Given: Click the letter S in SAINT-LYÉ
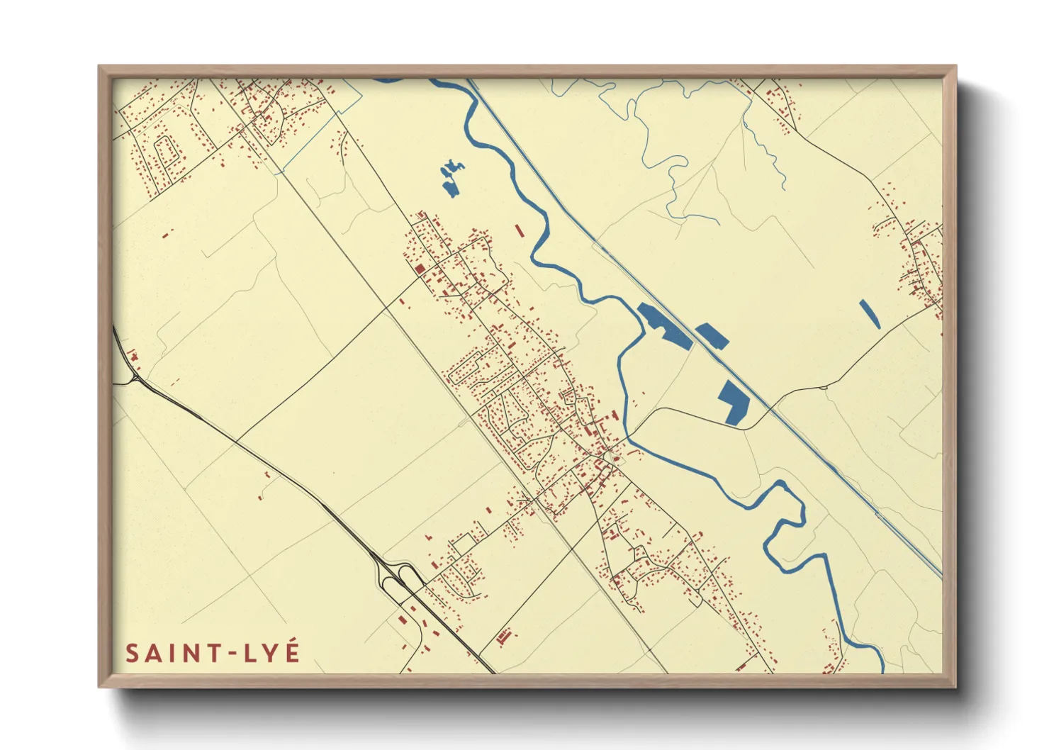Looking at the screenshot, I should click(x=132, y=654).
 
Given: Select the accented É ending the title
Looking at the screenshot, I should click(x=292, y=652).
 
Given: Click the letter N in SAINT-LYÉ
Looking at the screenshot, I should click(x=191, y=654).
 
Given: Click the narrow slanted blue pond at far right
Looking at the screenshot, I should click(x=870, y=314).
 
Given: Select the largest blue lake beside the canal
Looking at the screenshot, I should click(x=664, y=325).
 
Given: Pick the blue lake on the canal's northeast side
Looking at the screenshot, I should click(x=712, y=335).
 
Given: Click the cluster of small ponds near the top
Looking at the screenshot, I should click(x=451, y=177).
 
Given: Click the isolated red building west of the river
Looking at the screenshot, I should click(x=519, y=230).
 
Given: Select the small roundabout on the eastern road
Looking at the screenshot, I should click(x=824, y=387).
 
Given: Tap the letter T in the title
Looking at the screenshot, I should click(x=213, y=654).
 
